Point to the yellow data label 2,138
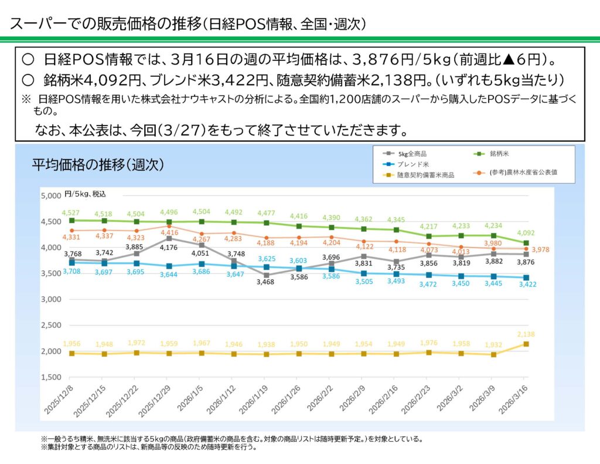point(526,334)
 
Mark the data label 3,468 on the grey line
point(266,282)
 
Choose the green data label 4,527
point(71,211)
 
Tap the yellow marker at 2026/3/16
point(526,344)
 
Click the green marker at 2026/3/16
point(526,243)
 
